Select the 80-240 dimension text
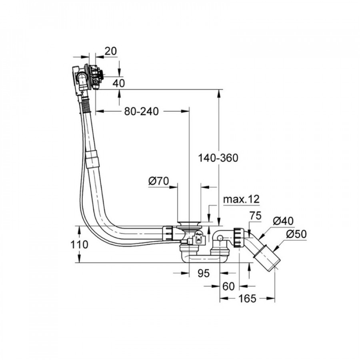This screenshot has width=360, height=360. [142, 112]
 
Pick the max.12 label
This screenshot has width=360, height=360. [241, 199]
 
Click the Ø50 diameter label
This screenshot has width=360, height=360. [296, 234]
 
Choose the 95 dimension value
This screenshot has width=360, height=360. [204, 273]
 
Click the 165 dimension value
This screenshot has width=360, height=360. [248, 298]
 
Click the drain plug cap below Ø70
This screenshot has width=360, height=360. [188, 221]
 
